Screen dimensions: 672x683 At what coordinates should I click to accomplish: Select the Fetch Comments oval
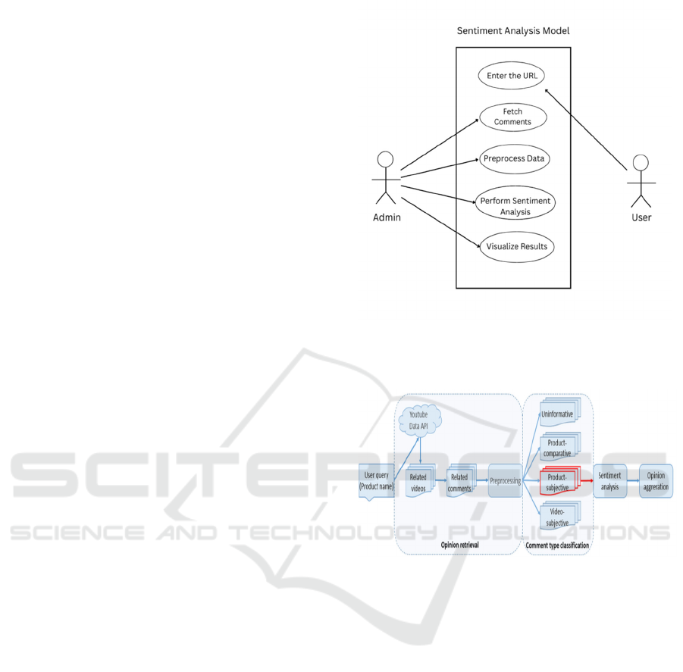point(512,117)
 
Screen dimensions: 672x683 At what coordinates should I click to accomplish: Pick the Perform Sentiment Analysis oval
point(515,206)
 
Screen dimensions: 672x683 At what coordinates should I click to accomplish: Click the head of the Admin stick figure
point(386,160)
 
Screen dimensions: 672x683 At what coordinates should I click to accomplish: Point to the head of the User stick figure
point(641,162)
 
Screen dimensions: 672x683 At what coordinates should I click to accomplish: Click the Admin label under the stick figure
point(387,217)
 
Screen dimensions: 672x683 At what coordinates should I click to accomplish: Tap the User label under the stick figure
point(641,217)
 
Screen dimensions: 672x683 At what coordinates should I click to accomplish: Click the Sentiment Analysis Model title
point(512,31)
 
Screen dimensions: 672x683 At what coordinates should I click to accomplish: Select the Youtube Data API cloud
point(419,420)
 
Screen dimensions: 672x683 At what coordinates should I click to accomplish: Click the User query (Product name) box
point(376,480)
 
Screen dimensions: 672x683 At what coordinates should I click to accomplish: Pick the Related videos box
point(418,482)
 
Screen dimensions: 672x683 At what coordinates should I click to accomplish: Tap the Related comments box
point(459,482)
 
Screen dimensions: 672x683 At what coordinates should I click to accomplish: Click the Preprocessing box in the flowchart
point(505,480)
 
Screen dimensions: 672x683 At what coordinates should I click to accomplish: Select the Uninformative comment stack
point(557,414)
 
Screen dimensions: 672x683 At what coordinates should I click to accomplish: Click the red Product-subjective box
point(557,483)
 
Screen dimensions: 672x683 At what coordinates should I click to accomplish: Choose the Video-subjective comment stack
point(558,518)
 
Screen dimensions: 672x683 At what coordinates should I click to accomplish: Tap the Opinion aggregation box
point(656,481)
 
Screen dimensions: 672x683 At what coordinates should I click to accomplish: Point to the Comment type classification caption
point(557,545)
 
